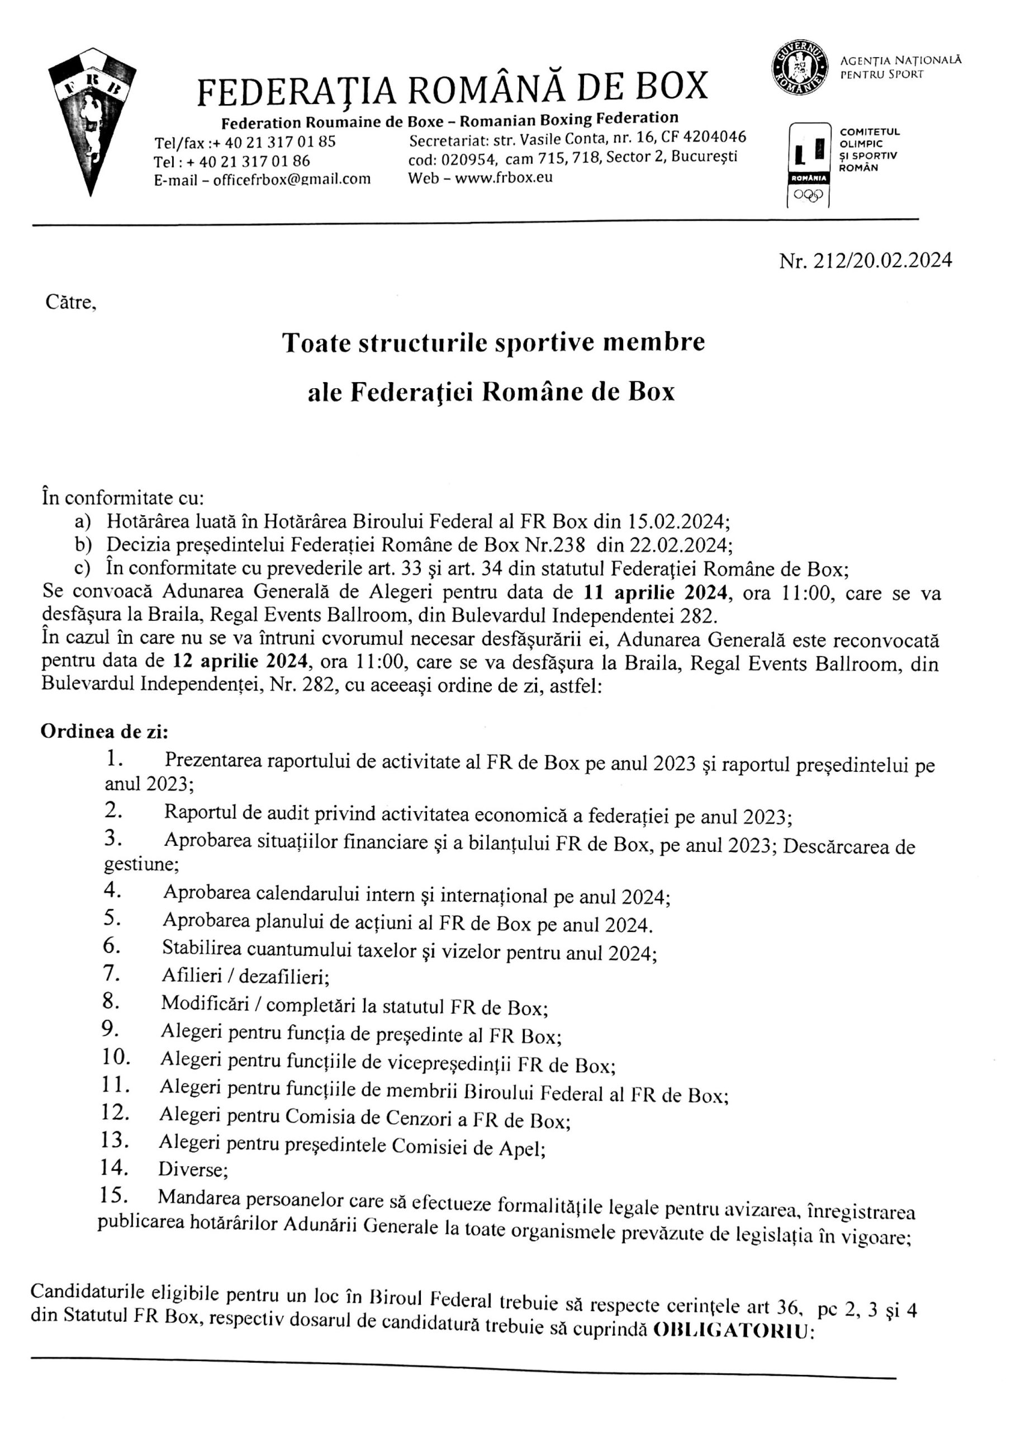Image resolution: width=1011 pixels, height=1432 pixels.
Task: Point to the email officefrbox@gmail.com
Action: tap(292, 180)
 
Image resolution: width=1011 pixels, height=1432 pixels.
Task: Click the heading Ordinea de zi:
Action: tap(104, 732)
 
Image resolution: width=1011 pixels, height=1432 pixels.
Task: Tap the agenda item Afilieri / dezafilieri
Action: tap(244, 977)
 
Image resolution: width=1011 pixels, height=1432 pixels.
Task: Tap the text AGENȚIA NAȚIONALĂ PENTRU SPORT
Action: tap(900, 67)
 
